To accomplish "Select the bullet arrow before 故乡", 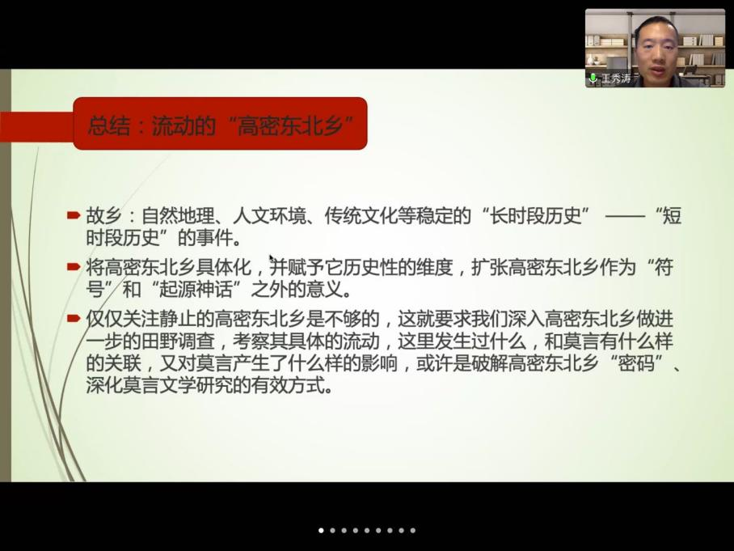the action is (x=74, y=215).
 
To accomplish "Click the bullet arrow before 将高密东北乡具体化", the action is (x=74, y=267).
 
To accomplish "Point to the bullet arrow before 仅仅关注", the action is (x=74, y=319).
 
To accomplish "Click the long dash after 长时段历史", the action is (x=625, y=217).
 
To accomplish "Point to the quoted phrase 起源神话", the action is (x=196, y=290).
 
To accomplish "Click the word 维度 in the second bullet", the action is (x=435, y=268).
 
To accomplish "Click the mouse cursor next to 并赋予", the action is (x=272, y=259).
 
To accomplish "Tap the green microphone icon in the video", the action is (x=593, y=78).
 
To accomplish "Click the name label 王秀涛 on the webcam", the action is (x=615, y=78).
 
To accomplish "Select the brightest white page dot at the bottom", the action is (x=321, y=531).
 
